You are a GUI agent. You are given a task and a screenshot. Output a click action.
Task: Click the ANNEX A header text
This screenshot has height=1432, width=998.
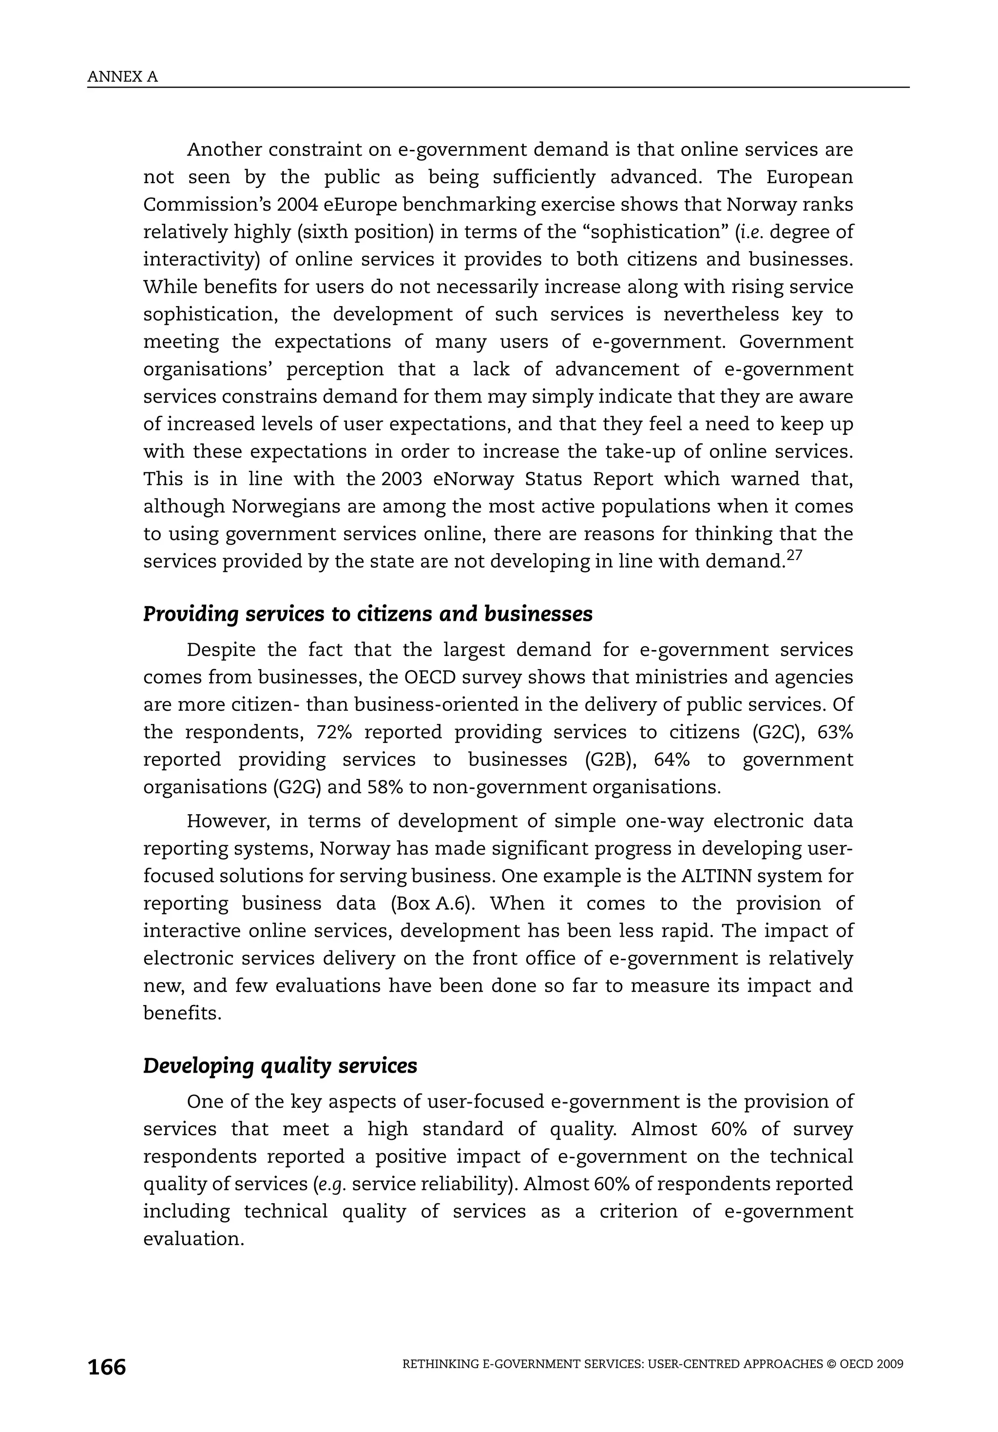[x=122, y=77]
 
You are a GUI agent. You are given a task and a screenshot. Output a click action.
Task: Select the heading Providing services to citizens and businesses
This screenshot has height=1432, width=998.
[x=367, y=614]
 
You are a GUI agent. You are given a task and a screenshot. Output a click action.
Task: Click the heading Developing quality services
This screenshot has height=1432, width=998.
[x=280, y=1066]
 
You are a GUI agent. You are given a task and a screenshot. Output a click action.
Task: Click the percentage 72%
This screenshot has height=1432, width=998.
[x=335, y=732]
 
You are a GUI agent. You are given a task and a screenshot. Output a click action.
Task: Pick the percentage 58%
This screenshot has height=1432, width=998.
[x=385, y=787]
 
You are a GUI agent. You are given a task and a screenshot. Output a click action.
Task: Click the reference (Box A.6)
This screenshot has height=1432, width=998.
[x=434, y=904]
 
